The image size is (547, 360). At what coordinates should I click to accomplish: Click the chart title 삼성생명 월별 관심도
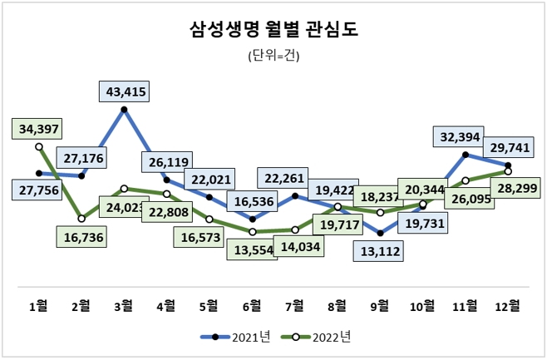click(273, 31)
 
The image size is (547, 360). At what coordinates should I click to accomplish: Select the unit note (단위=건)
click(273, 57)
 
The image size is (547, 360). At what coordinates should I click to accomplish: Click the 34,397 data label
click(38, 128)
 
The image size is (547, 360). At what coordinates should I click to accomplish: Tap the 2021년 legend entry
click(236, 337)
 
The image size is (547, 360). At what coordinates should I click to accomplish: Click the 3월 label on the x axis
click(124, 306)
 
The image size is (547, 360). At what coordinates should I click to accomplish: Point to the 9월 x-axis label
click(380, 306)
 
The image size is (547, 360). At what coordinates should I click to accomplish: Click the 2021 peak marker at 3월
click(124, 109)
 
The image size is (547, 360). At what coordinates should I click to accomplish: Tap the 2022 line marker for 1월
click(38, 146)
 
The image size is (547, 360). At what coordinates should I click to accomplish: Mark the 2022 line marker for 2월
click(81, 219)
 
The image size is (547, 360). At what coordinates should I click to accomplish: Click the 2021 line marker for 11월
click(466, 155)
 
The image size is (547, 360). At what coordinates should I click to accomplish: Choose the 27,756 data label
click(38, 191)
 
